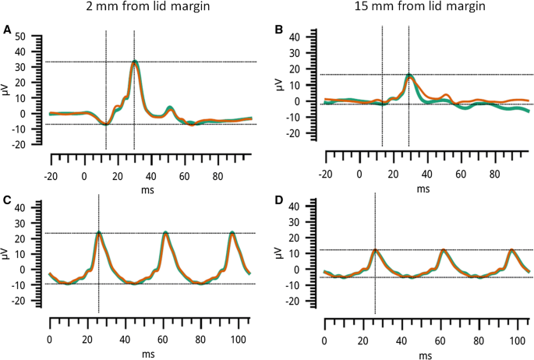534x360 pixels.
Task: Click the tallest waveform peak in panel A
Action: coord(136,62)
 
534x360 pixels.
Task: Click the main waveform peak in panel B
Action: coord(409,76)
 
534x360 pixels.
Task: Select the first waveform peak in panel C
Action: coord(99,233)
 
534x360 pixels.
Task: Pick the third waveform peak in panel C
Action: coord(232,233)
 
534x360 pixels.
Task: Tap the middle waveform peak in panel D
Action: coord(443,250)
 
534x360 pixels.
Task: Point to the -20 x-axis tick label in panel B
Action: coord(325,174)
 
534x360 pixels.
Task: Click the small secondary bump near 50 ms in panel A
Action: coord(170,108)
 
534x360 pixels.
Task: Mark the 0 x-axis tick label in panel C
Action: coord(50,339)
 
